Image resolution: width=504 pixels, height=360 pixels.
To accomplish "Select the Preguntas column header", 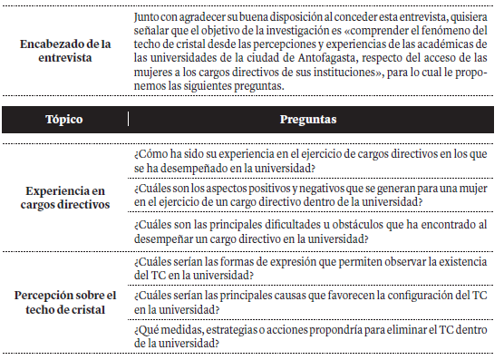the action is click(309, 119).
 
